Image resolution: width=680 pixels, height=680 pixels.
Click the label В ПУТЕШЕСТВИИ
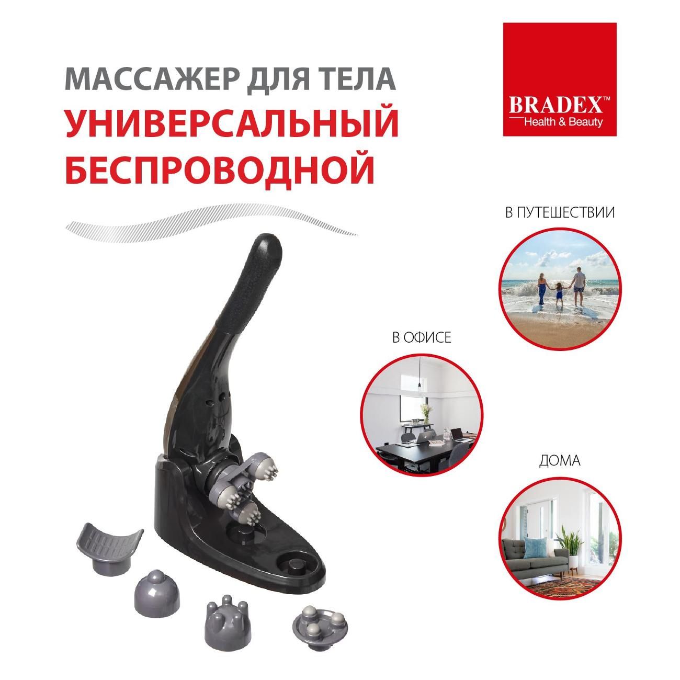pyautogui.click(x=560, y=213)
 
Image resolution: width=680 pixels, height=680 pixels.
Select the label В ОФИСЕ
pyautogui.click(x=422, y=338)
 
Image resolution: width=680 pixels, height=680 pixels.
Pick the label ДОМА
pyautogui.click(x=560, y=461)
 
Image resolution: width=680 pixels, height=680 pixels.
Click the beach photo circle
pyautogui.click(x=560, y=289)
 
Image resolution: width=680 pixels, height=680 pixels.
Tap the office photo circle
pyautogui.click(x=422, y=414)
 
